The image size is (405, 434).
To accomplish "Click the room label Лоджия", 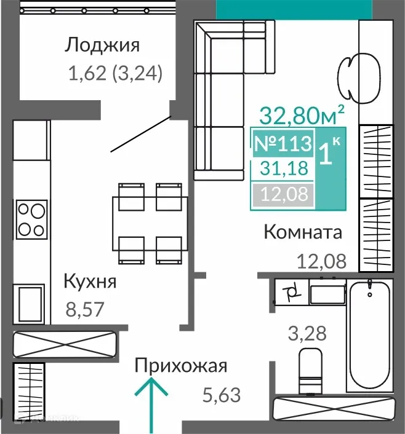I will coord(103,45).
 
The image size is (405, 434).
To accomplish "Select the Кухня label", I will coord(90,282).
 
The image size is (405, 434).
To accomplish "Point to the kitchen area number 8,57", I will coord(84,307).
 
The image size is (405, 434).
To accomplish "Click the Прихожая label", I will coord(181,366).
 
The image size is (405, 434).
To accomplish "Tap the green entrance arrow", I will coord(151,403).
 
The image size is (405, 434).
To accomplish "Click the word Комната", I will coord(302,232).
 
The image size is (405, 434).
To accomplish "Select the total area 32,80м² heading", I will coord(301,114).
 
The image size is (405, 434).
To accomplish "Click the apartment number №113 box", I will coord(283,144).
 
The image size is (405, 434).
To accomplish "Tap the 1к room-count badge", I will coord(330,152).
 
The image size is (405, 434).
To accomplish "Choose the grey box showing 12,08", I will coord(283,196).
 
